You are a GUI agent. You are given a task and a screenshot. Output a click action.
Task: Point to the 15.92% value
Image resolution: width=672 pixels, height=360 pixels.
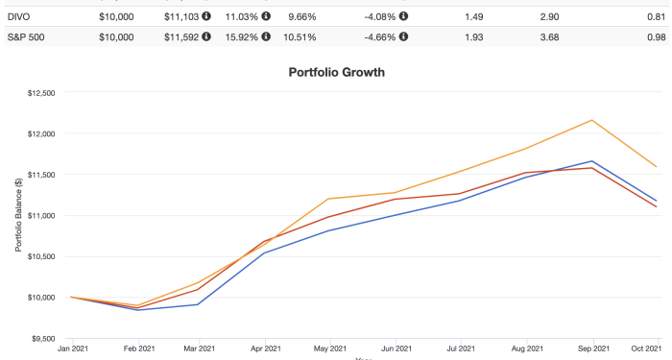[242, 38]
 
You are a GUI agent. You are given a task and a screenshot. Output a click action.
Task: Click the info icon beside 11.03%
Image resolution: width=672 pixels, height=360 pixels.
[265, 16]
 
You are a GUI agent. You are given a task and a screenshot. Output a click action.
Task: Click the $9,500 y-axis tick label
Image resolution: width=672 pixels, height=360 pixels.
[41, 338]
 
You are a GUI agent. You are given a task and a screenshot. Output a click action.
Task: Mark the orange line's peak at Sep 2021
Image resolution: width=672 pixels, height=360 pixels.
[592, 120]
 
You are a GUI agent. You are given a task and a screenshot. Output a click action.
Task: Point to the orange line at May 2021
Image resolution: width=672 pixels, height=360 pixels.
[329, 199]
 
